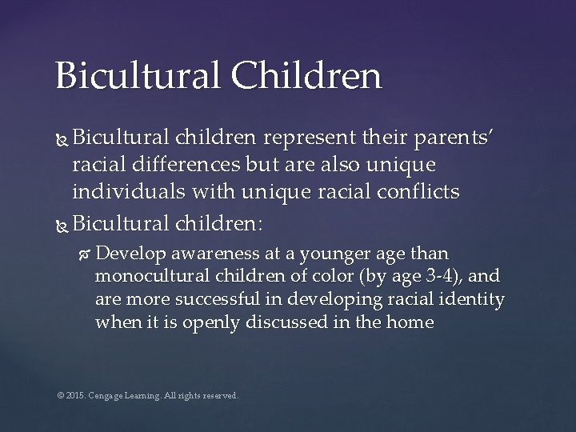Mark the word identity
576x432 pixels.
(x=476, y=300)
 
